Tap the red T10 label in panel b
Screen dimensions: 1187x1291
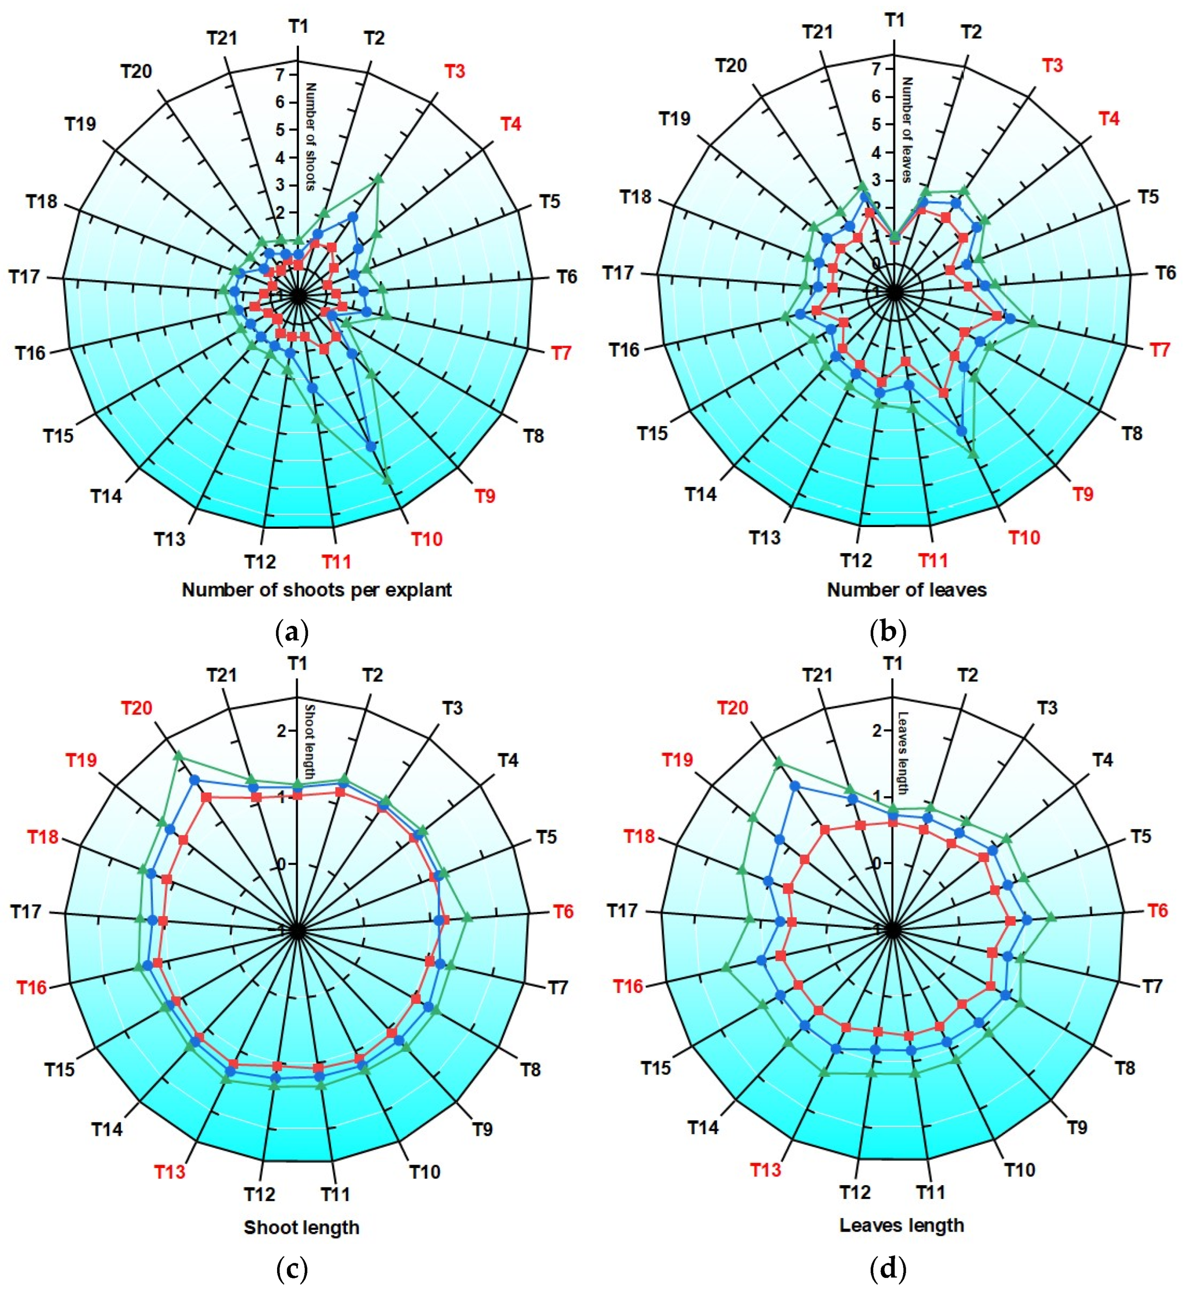(x=1024, y=537)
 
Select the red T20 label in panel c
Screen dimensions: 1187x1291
(x=137, y=708)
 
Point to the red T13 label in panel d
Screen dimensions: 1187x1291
(x=765, y=1170)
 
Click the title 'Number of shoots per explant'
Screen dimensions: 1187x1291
(x=317, y=590)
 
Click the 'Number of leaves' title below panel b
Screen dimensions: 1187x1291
(x=906, y=590)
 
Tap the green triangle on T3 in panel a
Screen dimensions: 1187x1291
(x=378, y=178)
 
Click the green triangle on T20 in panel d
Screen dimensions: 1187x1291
(x=778, y=761)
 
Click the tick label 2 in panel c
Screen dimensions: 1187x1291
(x=280, y=731)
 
